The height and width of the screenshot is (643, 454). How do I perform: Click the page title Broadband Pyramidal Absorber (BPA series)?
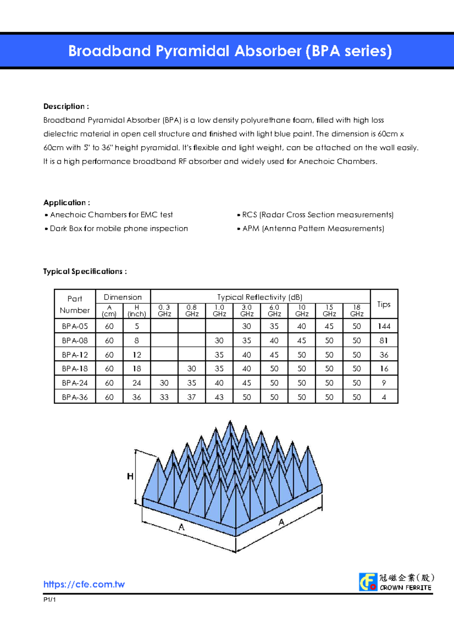click(x=230, y=51)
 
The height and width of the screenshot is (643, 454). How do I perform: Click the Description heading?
click(x=66, y=106)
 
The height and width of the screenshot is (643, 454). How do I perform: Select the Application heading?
click(x=67, y=203)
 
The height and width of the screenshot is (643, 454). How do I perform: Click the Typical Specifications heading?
click(x=85, y=272)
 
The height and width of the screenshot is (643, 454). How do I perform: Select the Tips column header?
click(x=384, y=304)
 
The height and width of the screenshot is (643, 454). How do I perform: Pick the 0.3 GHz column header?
click(x=164, y=311)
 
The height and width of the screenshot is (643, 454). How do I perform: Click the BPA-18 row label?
click(x=75, y=368)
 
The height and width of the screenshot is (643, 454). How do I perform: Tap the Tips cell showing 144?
click(x=384, y=326)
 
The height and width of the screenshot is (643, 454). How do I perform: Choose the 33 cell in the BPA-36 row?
click(x=164, y=397)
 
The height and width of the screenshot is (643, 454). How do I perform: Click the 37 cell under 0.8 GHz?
click(x=191, y=397)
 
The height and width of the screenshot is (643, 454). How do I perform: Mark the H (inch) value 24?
click(x=137, y=383)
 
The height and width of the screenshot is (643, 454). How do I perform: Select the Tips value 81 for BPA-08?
click(x=384, y=340)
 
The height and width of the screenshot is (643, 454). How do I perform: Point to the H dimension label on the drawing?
click(x=130, y=476)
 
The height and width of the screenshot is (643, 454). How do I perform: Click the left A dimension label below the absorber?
click(x=182, y=527)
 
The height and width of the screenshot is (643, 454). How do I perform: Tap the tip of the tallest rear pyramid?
click(x=230, y=421)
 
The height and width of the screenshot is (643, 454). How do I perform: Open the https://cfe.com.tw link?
click(x=84, y=584)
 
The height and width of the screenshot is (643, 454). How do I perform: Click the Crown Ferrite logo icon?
click(x=368, y=582)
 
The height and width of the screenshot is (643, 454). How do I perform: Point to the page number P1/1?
click(x=50, y=599)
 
